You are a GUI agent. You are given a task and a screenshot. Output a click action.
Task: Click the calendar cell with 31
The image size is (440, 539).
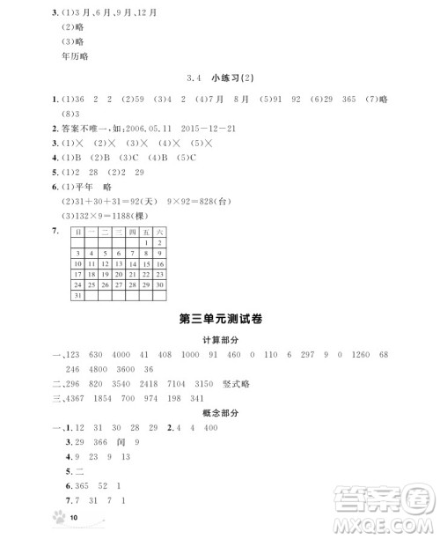point(79,296)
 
